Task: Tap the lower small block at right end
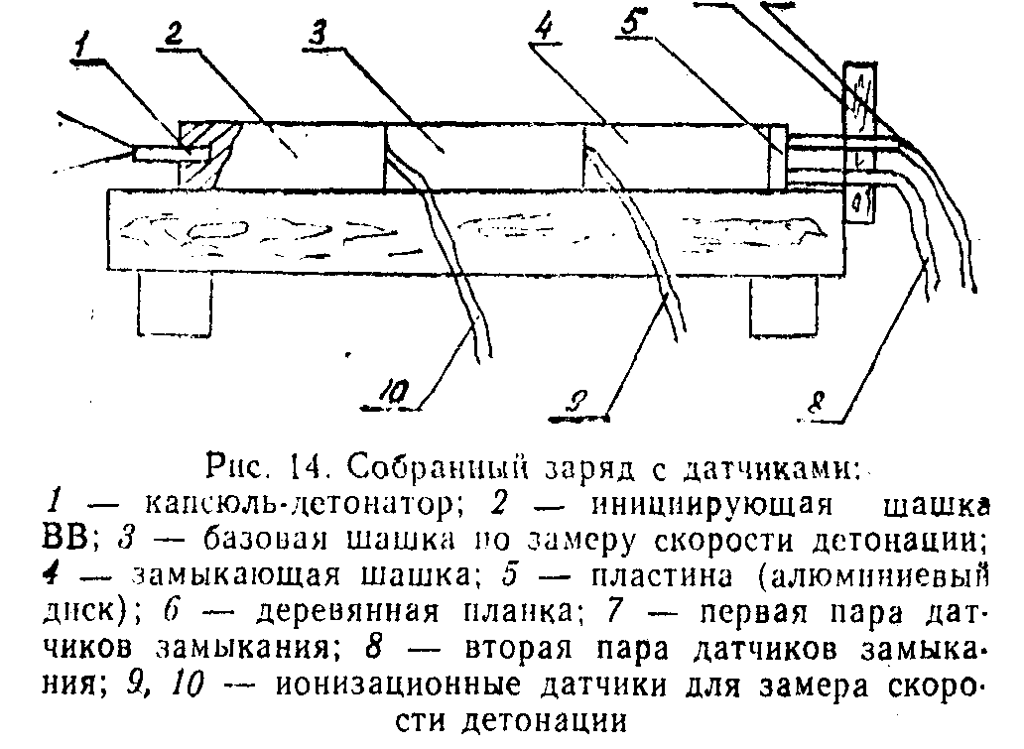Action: click(x=859, y=203)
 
